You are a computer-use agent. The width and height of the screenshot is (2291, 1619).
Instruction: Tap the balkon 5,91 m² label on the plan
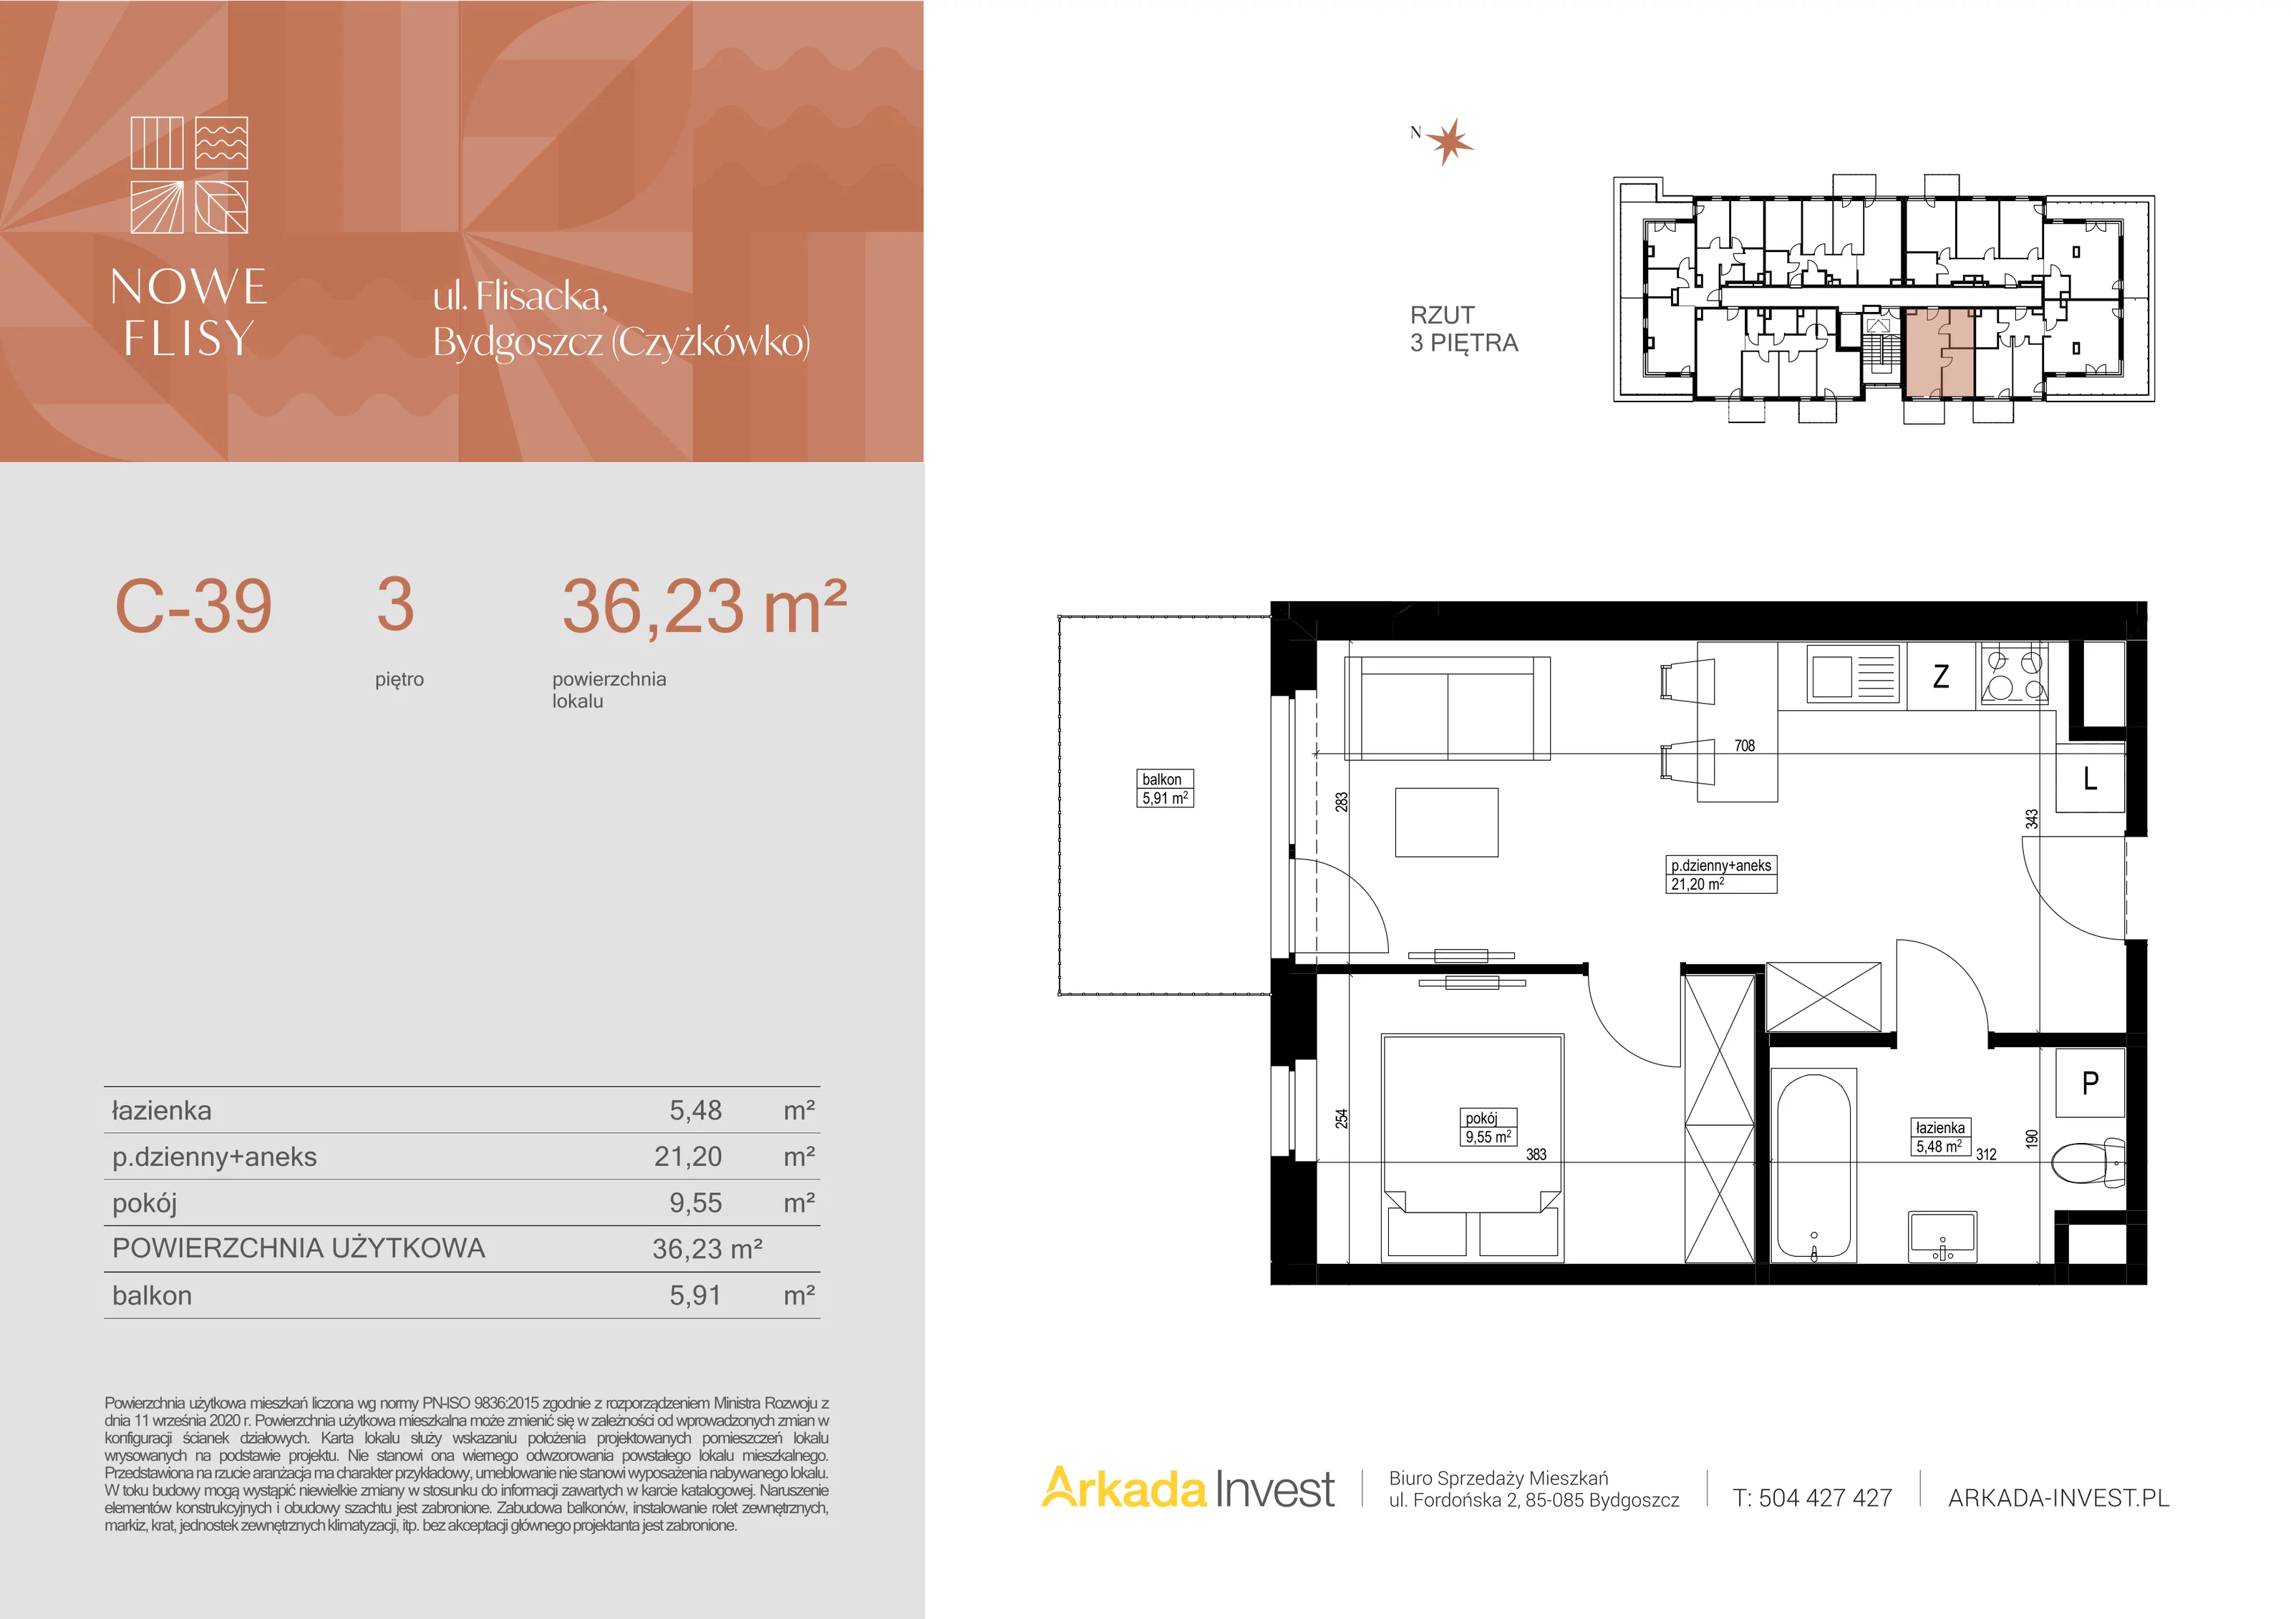[x=1164, y=788]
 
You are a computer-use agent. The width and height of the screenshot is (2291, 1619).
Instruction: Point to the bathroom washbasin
[x=1942, y=1237]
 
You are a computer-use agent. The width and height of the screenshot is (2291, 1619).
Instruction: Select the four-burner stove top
[x=2015, y=676]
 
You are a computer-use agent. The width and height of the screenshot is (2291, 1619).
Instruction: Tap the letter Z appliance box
[x=1942, y=676]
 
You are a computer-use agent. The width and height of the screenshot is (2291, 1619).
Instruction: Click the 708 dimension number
[x=1744, y=745]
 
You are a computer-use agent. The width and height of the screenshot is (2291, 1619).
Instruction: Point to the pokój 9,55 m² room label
[x=1488, y=1127]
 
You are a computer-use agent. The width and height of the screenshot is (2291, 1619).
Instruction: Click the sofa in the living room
[x=1448, y=709]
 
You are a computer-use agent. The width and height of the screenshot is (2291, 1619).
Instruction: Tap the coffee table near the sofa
[x=1447, y=822]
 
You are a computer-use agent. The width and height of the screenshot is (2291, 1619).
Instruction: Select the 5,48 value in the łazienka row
[x=695, y=1110]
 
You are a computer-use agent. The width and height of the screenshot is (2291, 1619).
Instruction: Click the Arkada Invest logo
[x=1188, y=1488]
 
